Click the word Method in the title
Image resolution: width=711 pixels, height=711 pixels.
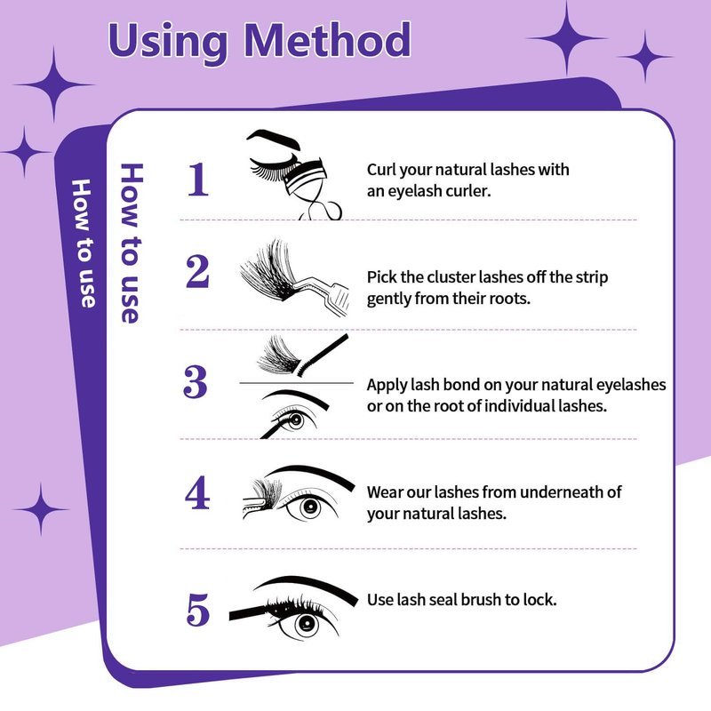[327, 40]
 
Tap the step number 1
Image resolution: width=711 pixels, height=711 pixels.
[198, 180]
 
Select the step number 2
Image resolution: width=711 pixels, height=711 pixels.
[197, 271]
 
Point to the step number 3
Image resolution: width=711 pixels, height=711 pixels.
[196, 382]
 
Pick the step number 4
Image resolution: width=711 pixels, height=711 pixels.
[197, 492]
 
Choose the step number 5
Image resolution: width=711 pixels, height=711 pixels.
[198, 610]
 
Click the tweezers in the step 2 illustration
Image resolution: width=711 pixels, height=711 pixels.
[322, 293]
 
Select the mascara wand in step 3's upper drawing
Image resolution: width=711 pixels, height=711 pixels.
[321, 354]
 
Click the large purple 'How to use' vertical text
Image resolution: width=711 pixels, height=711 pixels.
[131, 243]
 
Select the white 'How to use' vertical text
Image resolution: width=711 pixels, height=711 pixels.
[84, 243]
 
